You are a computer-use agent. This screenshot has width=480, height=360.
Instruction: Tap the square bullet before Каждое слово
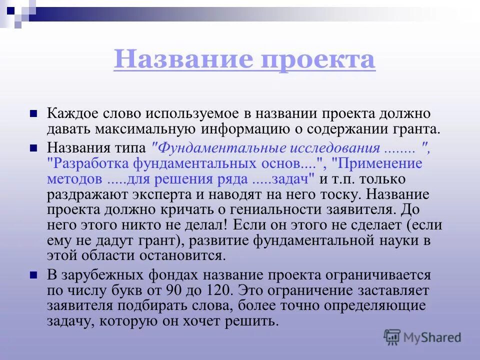tap(34, 113)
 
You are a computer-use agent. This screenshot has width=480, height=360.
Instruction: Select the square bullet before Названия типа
tap(34, 148)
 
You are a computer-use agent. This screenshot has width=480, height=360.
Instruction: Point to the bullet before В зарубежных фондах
tap(34, 274)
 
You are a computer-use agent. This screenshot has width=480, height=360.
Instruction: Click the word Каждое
tap(70, 114)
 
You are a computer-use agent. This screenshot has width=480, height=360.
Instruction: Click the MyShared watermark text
tap(433, 337)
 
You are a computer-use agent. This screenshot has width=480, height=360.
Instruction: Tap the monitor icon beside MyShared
tap(392, 337)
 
